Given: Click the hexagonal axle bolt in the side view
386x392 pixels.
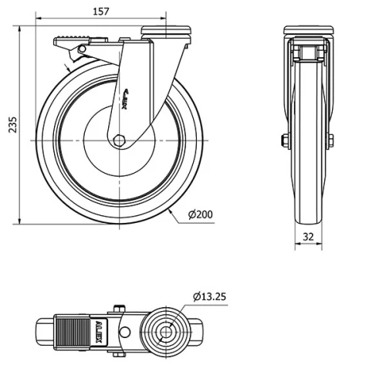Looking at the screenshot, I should pos(120,140).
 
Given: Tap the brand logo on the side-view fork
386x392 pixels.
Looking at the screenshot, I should pos(129,95).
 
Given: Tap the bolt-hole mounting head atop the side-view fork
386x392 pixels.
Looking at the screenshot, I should pos(167,32).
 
